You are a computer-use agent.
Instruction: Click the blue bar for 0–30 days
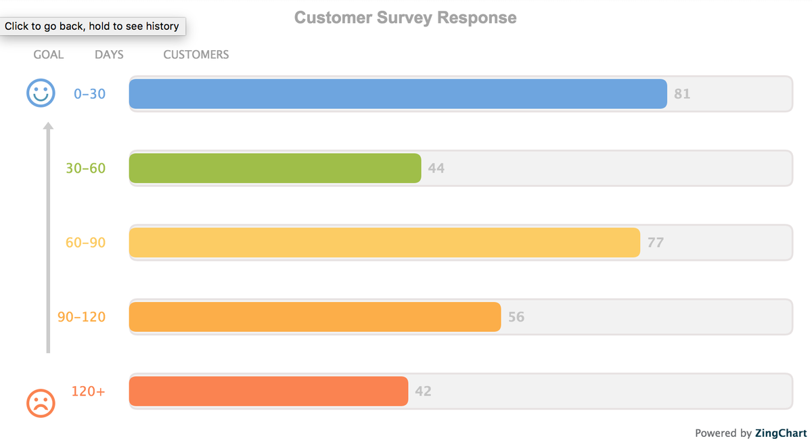click(x=398, y=93)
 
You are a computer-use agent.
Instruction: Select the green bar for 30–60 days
click(x=275, y=168)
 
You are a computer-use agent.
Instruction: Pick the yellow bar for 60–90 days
click(x=384, y=242)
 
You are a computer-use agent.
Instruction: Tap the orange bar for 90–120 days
click(x=315, y=317)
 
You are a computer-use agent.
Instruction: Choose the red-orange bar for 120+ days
click(x=269, y=391)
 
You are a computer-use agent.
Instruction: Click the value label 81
click(x=682, y=93)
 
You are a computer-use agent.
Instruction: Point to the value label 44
click(x=436, y=168)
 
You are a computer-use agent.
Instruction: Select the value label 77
click(x=655, y=242)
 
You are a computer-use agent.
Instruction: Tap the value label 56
click(x=516, y=317)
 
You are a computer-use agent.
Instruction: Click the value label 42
click(x=423, y=391)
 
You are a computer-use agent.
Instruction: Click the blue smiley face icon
click(x=41, y=93)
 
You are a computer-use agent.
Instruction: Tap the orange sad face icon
click(x=41, y=403)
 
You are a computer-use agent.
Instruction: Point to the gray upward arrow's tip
click(x=48, y=125)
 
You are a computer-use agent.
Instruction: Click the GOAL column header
click(x=49, y=55)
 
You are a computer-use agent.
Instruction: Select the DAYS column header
click(x=109, y=55)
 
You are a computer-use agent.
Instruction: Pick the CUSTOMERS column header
click(x=196, y=55)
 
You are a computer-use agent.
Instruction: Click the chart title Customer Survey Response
click(x=405, y=18)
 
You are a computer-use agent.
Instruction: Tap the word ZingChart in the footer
click(x=781, y=433)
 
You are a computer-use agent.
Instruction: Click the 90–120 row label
click(x=82, y=317)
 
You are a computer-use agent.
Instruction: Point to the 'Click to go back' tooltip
click(x=92, y=26)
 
